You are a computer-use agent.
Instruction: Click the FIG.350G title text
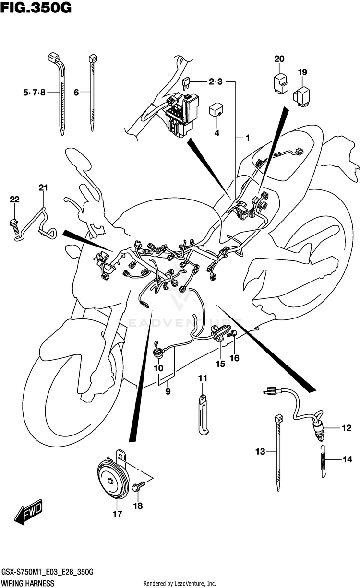(36, 8)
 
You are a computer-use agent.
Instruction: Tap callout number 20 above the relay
(279, 59)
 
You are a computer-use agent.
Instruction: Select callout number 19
(301, 72)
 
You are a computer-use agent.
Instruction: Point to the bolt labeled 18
(139, 487)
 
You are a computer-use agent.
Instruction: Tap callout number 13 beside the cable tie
(260, 451)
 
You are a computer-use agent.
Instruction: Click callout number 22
(14, 200)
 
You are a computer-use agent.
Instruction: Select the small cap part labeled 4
(216, 111)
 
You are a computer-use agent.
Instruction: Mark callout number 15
(220, 365)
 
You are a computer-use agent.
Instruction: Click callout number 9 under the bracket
(168, 392)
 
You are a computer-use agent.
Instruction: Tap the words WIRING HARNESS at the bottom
(27, 583)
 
